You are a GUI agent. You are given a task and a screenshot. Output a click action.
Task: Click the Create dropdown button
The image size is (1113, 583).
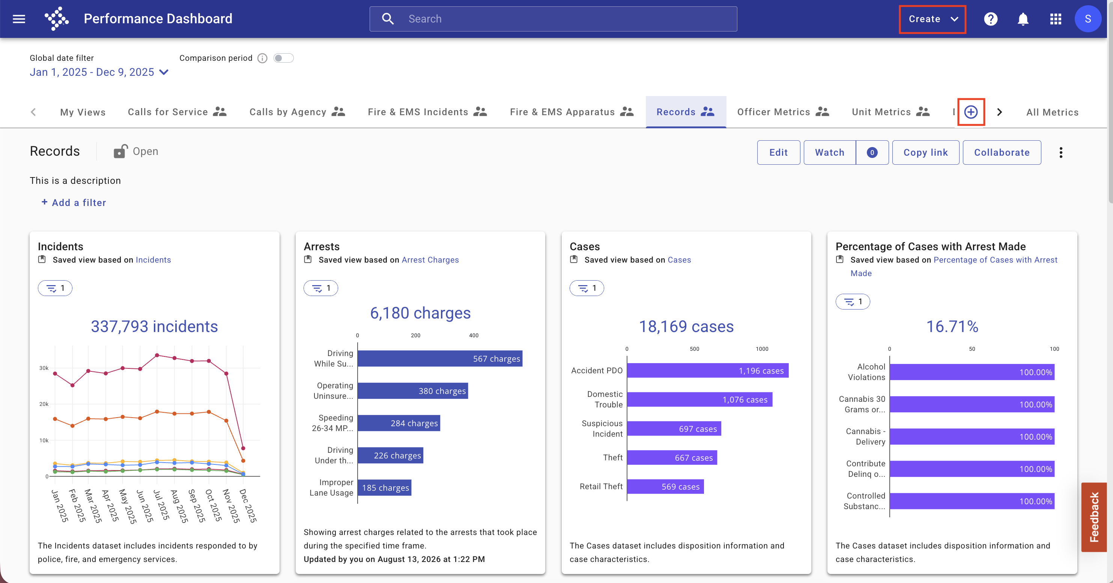tap(933, 19)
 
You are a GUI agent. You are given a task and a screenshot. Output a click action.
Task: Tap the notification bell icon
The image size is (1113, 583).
tap(1023, 19)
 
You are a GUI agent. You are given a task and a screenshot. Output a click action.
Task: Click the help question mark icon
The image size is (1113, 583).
tap(990, 19)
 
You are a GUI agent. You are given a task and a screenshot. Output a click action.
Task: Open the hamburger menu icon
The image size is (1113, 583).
tap(19, 19)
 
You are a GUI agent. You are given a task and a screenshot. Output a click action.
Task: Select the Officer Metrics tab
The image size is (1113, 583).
tap(783, 112)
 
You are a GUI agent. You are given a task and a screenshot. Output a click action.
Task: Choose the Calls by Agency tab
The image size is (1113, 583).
tap(297, 112)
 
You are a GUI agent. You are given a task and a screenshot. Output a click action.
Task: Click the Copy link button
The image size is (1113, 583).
tap(925, 152)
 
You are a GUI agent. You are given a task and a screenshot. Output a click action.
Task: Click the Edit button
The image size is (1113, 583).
tap(778, 152)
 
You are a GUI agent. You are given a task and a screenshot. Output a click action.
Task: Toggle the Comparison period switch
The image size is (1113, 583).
tap(283, 58)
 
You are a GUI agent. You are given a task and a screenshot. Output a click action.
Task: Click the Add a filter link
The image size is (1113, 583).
tap(74, 203)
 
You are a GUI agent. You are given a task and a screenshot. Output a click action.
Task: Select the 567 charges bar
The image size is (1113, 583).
tap(440, 358)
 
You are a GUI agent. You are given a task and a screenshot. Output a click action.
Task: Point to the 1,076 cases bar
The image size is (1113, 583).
tap(699, 400)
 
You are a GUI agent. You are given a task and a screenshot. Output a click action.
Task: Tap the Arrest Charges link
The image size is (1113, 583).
tap(430, 260)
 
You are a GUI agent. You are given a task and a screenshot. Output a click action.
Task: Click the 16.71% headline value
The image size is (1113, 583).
tap(952, 326)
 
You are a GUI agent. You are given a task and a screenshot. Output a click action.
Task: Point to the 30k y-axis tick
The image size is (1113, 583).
tap(44, 368)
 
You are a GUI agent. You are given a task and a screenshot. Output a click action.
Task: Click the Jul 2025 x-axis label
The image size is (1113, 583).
tap(161, 505)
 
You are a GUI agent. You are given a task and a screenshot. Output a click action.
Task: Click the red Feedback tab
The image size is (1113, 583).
tap(1093, 517)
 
